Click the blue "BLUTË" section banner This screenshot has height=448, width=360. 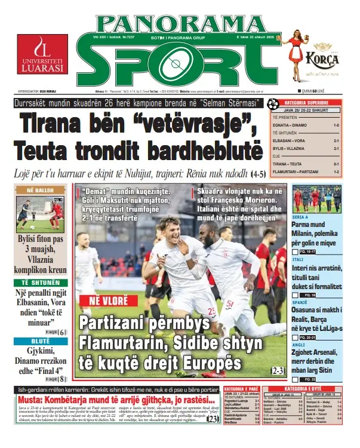41,341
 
